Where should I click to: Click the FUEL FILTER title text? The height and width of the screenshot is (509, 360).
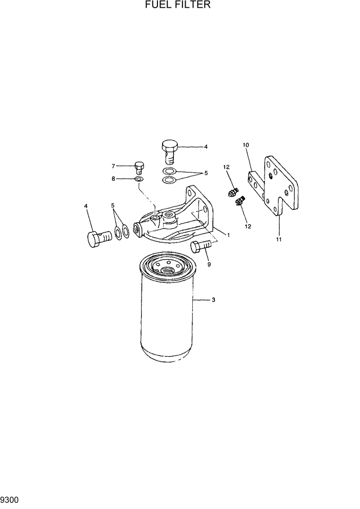(x=177, y=5)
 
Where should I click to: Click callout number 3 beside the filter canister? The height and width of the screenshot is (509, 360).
(x=213, y=300)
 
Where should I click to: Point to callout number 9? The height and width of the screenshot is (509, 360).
(x=209, y=265)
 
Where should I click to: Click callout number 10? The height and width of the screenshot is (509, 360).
(x=246, y=145)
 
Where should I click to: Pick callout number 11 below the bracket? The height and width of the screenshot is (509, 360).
(x=279, y=240)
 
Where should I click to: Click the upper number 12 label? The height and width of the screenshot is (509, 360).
(x=226, y=167)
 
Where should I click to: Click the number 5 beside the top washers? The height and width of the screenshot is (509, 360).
(x=206, y=173)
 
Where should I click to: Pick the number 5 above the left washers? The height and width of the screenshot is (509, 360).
(x=112, y=206)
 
